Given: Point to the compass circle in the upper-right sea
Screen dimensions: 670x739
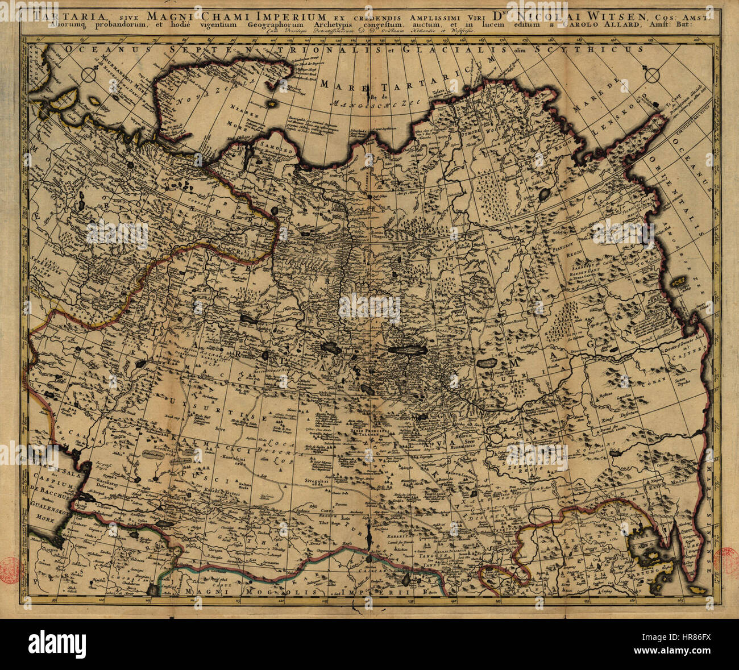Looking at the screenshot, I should pyautogui.click(x=653, y=75).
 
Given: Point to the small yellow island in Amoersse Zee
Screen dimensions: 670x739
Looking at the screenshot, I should pyautogui.click(x=678, y=281).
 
